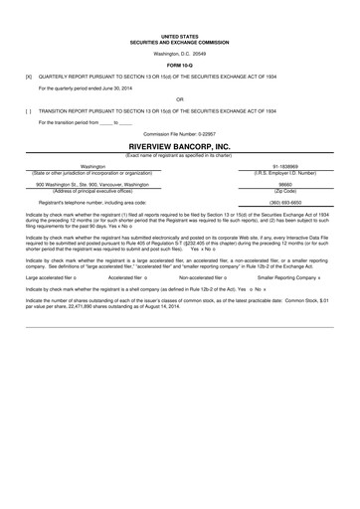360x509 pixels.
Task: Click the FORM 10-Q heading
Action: (x=179, y=66)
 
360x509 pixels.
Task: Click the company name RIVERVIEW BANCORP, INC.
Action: (x=179, y=145)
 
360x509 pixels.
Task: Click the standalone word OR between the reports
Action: (x=179, y=99)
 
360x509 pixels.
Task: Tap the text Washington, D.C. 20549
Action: (x=179, y=53)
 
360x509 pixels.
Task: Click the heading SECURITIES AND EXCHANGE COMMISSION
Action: (x=179, y=39)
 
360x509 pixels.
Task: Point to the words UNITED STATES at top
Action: (x=179, y=33)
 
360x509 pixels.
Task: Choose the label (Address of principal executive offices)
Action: (x=92, y=190)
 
